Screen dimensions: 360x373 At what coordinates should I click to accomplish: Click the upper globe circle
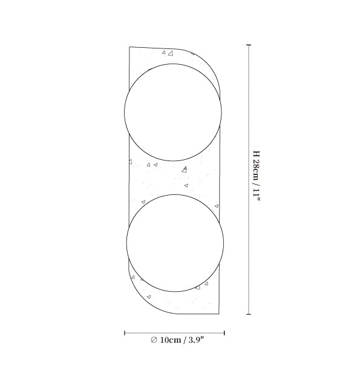point(173,64)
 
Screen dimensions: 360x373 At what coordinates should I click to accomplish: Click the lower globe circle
point(175,195)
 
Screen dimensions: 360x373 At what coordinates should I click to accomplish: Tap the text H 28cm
point(257,165)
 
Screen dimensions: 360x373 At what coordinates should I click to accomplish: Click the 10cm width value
point(171,340)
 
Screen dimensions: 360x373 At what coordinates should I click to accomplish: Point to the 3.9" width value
point(197,340)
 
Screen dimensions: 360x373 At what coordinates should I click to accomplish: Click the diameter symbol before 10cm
point(154,340)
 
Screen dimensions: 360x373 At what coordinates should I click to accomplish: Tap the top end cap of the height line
point(249,45)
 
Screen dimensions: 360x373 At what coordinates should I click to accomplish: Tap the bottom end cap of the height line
point(249,314)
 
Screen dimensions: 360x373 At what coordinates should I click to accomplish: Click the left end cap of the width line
point(125,333)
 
